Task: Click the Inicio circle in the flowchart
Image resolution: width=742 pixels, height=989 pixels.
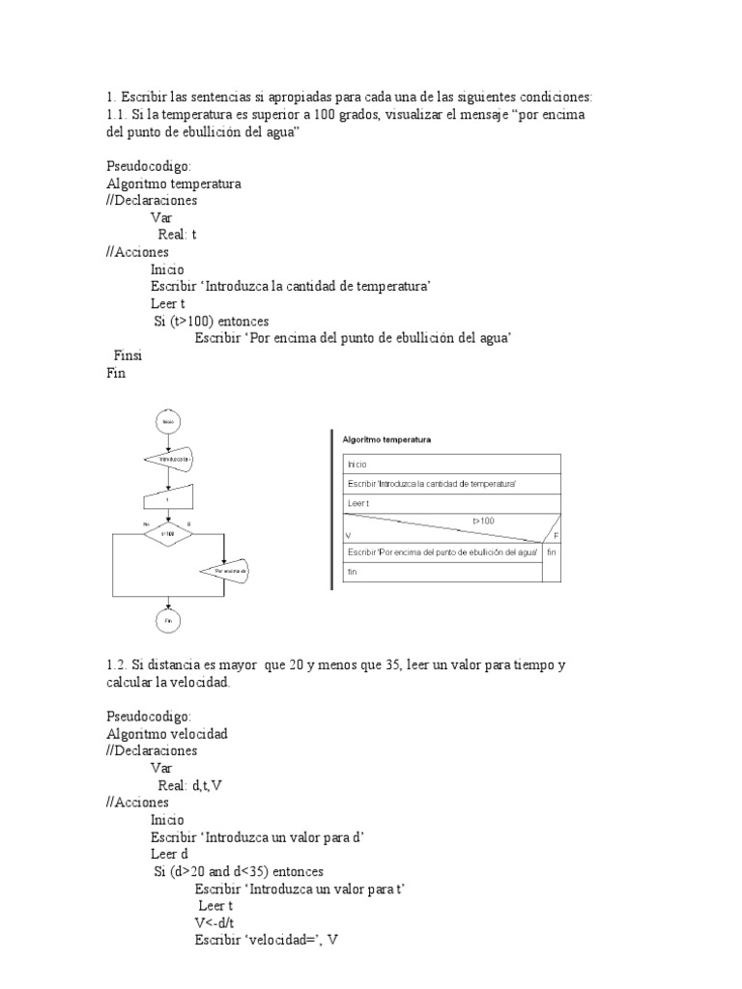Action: pyautogui.click(x=168, y=422)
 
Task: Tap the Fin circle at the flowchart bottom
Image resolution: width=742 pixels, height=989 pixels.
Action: pyautogui.click(x=168, y=621)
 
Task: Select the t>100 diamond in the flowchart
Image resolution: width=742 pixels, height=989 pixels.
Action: pyautogui.click(x=168, y=533)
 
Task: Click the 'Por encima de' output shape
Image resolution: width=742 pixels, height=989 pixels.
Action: pyautogui.click(x=224, y=572)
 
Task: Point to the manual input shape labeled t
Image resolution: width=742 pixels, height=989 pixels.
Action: pyautogui.click(x=168, y=499)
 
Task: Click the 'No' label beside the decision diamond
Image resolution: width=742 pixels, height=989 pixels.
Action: pyautogui.click(x=146, y=523)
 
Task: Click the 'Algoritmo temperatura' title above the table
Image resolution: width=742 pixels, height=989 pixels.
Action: pyautogui.click(x=386, y=438)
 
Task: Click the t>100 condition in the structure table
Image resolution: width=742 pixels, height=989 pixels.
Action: pyautogui.click(x=483, y=521)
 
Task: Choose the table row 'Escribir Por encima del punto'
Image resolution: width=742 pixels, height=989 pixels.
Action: pyautogui.click(x=442, y=551)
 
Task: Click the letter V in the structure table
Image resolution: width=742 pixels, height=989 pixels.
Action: pyautogui.click(x=346, y=534)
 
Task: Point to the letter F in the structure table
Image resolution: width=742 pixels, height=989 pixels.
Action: pyautogui.click(x=556, y=534)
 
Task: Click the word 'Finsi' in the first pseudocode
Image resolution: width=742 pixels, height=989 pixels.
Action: pyautogui.click(x=128, y=355)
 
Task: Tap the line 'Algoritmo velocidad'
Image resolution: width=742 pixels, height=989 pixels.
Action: pyautogui.click(x=166, y=733)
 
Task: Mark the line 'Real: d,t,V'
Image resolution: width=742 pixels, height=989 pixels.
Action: pyautogui.click(x=189, y=785)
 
